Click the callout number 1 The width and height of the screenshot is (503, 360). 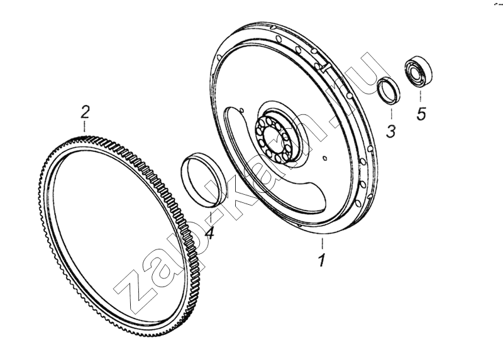tap(322, 260)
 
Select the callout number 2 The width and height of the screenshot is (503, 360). tap(85, 112)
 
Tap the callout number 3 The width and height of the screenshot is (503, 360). tap(390, 131)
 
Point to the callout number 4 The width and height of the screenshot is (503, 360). tap(209, 232)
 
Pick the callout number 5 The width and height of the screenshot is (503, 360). tap(421, 114)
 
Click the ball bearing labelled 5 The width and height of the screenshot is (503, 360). tap(418, 72)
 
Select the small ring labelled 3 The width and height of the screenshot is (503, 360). tap(388, 91)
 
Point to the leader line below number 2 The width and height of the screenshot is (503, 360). tap(85, 126)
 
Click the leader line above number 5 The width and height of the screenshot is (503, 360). tap(421, 97)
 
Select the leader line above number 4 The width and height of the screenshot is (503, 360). tap(211, 215)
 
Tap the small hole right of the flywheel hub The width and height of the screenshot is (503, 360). tap(324, 158)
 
